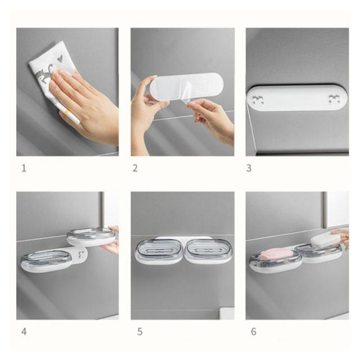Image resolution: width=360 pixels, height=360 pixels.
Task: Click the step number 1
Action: click(24, 168)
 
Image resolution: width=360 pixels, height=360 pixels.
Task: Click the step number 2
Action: click(135, 168)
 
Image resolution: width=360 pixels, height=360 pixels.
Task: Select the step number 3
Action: click(249, 168)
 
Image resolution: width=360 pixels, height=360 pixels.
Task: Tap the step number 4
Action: click(24, 332)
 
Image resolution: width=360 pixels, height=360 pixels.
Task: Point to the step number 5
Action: click(140, 332)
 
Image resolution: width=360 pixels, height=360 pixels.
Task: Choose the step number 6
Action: click(254, 331)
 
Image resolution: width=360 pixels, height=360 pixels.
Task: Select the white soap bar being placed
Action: click(326, 240)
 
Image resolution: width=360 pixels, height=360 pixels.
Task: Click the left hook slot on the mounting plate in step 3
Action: click(258, 100)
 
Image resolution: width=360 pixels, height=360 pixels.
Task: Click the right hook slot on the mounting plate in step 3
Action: click(334, 100)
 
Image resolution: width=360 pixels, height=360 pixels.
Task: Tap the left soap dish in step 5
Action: click(159, 250)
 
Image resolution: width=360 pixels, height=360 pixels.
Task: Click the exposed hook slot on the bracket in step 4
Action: click(82, 255)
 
